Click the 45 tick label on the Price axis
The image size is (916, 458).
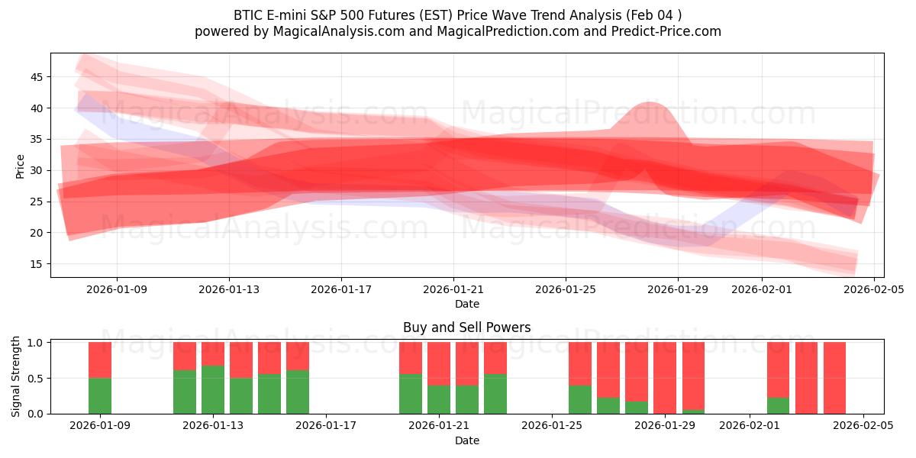(x=37, y=77)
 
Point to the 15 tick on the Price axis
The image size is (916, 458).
(x=37, y=264)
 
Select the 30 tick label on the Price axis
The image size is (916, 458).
(x=37, y=170)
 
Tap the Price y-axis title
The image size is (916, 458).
(x=21, y=166)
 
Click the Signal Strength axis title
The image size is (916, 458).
(x=16, y=376)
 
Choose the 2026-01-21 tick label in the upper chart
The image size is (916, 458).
(x=453, y=290)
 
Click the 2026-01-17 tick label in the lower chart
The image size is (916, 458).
(x=326, y=426)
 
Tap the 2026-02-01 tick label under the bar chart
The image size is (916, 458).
(x=750, y=426)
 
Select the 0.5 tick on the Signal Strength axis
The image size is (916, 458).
(x=36, y=379)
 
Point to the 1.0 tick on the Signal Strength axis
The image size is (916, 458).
(x=36, y=343)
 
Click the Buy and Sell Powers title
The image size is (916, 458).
(x=466, y=327)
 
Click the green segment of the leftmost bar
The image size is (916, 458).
(x=100, y=395)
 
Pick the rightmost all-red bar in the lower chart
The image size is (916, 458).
(x=834, y=378)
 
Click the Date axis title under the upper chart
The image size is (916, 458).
(x=466, y=305)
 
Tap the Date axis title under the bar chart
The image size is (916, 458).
(x=466, y=440)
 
